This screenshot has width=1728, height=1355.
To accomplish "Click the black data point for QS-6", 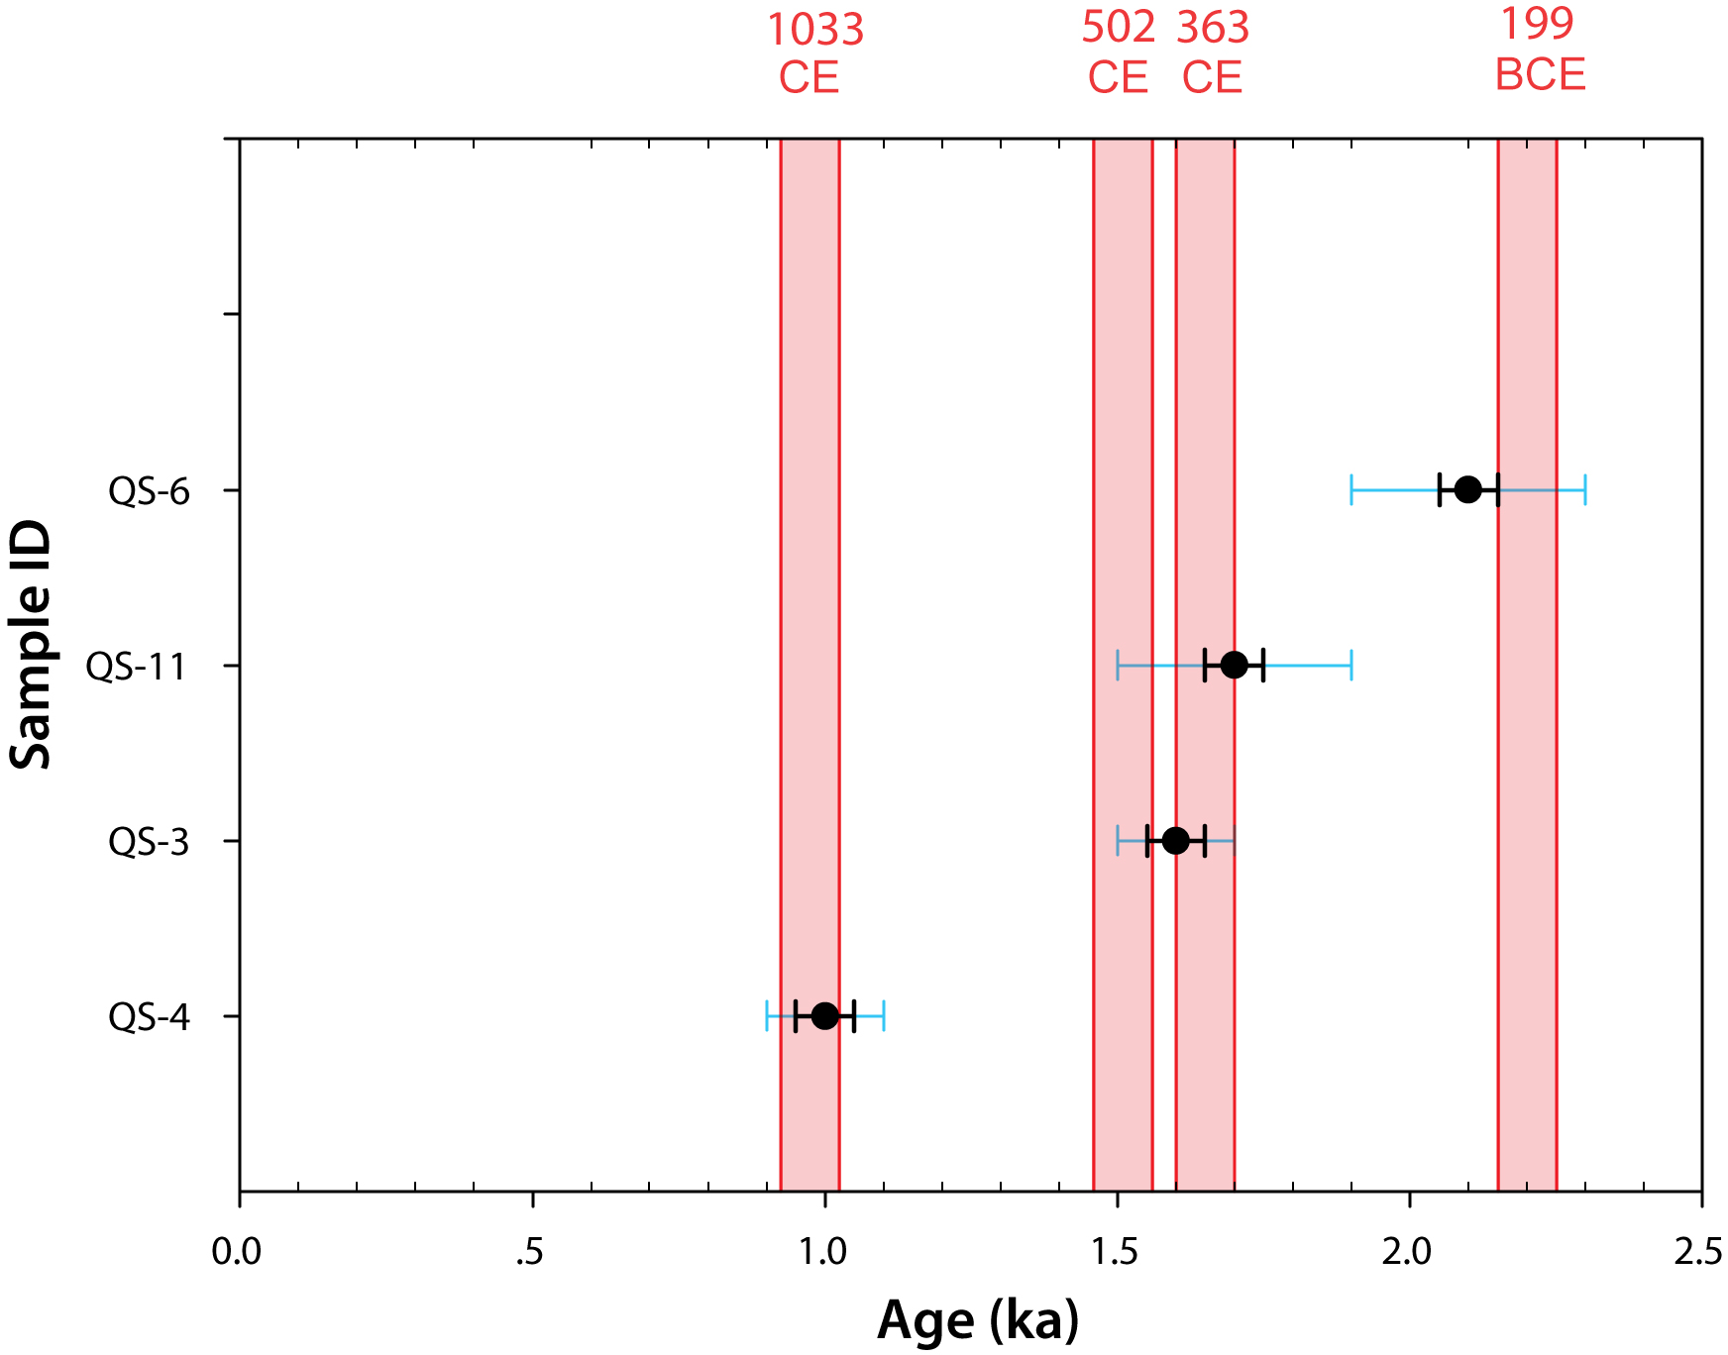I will (x=1467, y=489).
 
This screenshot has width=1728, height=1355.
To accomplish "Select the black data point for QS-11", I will (x=1234, y=665).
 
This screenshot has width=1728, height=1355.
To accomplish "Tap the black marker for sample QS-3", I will (x=1175, y=841).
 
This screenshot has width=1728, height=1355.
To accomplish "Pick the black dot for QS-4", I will (x=824, y=1016).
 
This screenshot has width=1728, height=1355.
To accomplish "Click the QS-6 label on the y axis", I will (x=149, y=491).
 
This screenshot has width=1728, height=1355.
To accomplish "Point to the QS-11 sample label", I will (x=137, y=667).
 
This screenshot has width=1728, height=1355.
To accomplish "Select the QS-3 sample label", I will (x=149, y=842).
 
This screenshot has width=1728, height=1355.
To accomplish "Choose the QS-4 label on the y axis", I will (x=149, y=1017).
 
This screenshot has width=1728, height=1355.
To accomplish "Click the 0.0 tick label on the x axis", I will (x=237, y=1252).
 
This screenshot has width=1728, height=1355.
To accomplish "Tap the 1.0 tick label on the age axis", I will (x=823, y=1252).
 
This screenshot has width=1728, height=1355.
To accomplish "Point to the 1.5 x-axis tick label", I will (x=1116, y=1252).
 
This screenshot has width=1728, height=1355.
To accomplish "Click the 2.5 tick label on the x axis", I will (x=1698, y=1252).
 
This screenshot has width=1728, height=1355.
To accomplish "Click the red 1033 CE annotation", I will (x=814, y=53).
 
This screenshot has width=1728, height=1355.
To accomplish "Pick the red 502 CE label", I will (x=1118, y=52).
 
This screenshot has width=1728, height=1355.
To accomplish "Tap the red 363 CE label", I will (x=1213, y=52).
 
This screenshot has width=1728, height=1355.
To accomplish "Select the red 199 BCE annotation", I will (x=1539, y=50).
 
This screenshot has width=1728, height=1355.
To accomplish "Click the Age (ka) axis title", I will (x=978, y=1320).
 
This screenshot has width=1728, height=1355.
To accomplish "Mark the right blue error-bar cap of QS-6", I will (x=1585, y=489).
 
